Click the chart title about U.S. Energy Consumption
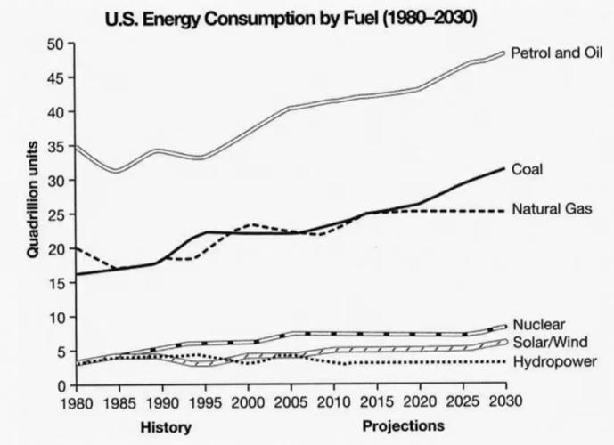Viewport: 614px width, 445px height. pos(291,17)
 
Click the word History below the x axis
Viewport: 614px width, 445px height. pos(167,426)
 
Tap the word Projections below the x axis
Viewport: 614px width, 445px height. pos(404,426)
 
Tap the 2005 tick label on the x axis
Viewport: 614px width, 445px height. pos(290,402)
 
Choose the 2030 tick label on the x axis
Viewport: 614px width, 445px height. pos(503,402)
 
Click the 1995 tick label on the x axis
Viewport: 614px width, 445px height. pos(205,402)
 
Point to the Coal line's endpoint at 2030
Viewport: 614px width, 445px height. pos(503,168)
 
